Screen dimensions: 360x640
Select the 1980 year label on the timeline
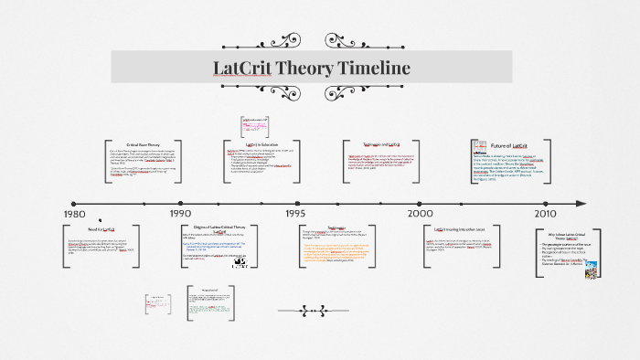(75, 213)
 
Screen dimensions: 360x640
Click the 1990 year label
(181, 213)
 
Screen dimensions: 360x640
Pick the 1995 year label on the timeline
(295, 213)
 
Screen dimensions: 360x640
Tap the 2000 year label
(421, 213)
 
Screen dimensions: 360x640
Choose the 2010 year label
(546, 213)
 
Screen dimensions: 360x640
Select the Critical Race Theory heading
(143, 144)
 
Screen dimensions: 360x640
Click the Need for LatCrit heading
(101, 228)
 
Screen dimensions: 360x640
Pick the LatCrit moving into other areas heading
(466, 228)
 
